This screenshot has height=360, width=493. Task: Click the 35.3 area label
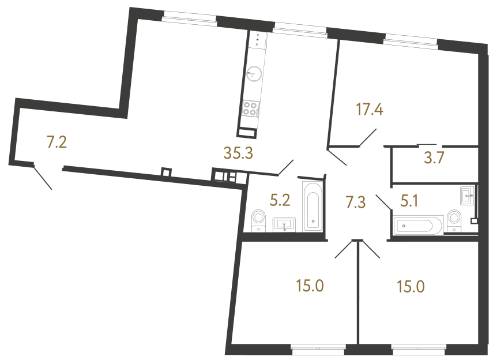click(x=240, y=153)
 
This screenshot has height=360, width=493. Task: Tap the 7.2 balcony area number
click(x=57, y=142)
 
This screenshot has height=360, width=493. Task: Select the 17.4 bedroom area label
click(x=370, y=109)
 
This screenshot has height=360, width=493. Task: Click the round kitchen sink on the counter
click(x=254, y=73)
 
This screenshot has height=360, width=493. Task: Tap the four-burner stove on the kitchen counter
click(x=251, y=108)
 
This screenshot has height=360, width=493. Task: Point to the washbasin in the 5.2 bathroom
click(x=284, y=224)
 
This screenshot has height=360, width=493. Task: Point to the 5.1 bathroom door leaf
click(x=383, y=204)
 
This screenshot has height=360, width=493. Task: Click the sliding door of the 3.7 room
click(x=427, y=143)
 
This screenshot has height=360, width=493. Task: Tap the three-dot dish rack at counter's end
click(x=257, y=39)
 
